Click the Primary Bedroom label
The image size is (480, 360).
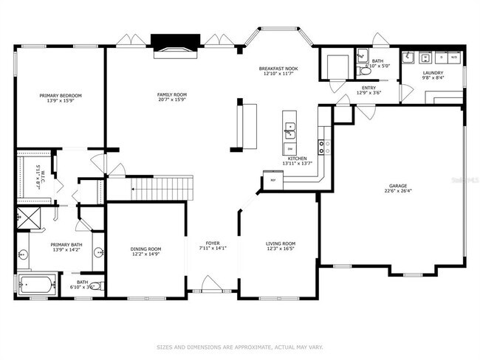[61, 96]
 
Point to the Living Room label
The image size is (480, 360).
[281, 243]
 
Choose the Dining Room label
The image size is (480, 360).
[145, 249]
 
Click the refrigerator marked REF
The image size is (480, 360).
[272, 180]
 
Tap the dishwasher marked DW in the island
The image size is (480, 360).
[289, 148]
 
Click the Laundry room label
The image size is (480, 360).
[433, 73]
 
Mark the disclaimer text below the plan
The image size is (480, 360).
[240, 347]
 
